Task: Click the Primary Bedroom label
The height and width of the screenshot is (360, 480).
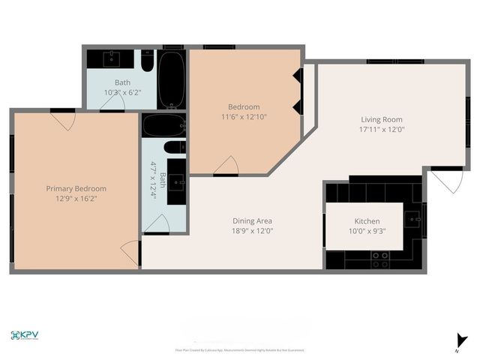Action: click(76, 188)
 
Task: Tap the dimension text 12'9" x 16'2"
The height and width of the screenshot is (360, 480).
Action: click(76, 199)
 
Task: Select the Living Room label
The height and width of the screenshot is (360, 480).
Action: click(382, 119)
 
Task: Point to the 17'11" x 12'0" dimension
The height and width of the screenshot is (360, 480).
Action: click(382, 130)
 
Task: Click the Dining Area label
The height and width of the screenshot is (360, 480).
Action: click(251, 221)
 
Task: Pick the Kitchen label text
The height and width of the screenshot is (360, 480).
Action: click(367, 222)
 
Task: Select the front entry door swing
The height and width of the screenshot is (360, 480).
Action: click(444, 180)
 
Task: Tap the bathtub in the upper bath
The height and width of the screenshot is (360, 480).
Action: click(173, 79)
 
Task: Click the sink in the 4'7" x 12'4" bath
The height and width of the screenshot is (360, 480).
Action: click(178, 181)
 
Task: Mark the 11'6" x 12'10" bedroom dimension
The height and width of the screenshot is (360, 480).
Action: click(244, 117)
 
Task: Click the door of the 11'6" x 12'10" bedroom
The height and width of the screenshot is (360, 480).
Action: click(226, 166)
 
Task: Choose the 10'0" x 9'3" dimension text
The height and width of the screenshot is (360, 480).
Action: click(367, 232)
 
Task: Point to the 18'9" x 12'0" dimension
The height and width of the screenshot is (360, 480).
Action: click(251, 232)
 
